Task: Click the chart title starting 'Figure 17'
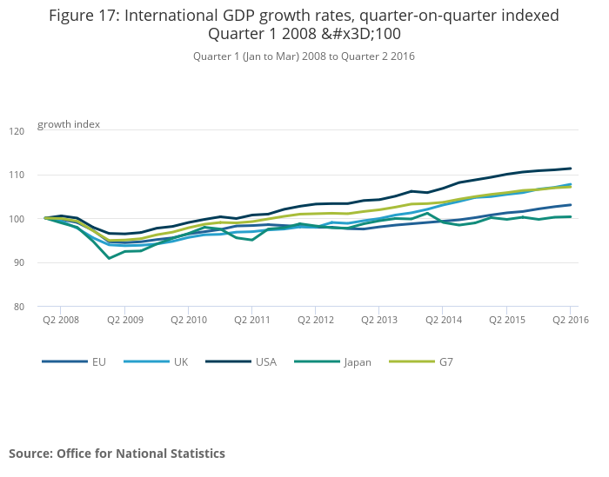click(x=304, y=24)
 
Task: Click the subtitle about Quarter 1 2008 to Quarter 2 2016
click(x=304, y=56)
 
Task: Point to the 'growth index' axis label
click(x=69, y=124)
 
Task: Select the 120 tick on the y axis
click(x=17, y=131)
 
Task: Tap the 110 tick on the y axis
click(x=17, y=176)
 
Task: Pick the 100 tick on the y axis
click(x=17, y=219)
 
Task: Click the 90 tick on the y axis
click(x=18, y=263)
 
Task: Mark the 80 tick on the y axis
click(x=18, y=307)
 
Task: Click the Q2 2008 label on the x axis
click(x=60, y=320)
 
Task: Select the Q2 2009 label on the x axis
click(x=124, y=320)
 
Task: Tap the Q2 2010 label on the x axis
click(x=188, y=320)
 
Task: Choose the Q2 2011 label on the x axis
click(x=251, y=320)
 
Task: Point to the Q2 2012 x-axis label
click(x=315, y=320)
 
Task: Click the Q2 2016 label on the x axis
click(x=569, y=320)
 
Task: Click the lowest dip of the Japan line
click(x=109, y=258)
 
